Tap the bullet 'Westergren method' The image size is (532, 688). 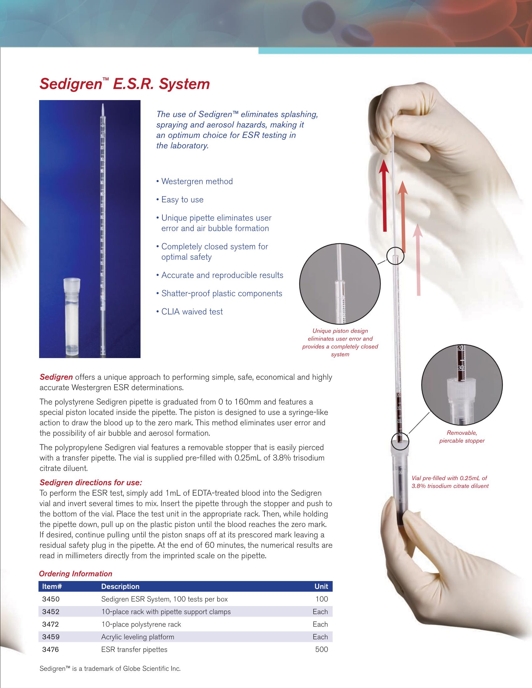[x=197, y=181]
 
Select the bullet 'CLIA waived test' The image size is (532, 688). [x=192, y=311]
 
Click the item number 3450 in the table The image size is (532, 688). [x=51, y=599]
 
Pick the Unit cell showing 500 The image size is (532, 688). [x=321, y=650]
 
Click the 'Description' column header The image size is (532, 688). [x=120, y=587]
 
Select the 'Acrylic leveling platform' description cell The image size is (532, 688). [x=137, y=637]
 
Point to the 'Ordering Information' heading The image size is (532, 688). [x=75, y=574]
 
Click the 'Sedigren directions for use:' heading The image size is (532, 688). [x=91, y=483]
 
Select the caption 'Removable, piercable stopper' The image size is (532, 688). [x=462, y=437]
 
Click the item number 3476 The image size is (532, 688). [x=51, y=650]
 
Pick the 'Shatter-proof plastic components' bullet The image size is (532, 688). [x=222, y=293]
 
